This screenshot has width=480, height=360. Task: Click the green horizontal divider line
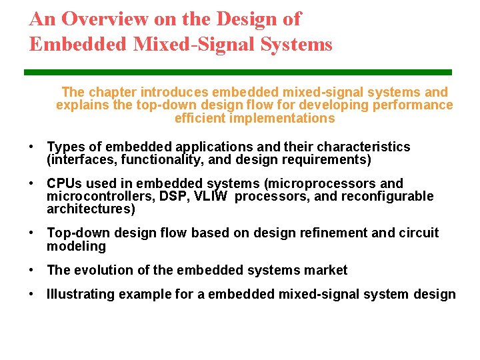(x=238, y=72)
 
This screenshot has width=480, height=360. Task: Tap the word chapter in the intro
(x=111, y=92)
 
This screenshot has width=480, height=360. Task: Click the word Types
(x=65, y=147)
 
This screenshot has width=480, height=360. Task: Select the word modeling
(x=76, y=246)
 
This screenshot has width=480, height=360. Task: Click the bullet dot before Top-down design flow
(x=31, y=233)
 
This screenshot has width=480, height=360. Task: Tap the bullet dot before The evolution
(x=31, y=270)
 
